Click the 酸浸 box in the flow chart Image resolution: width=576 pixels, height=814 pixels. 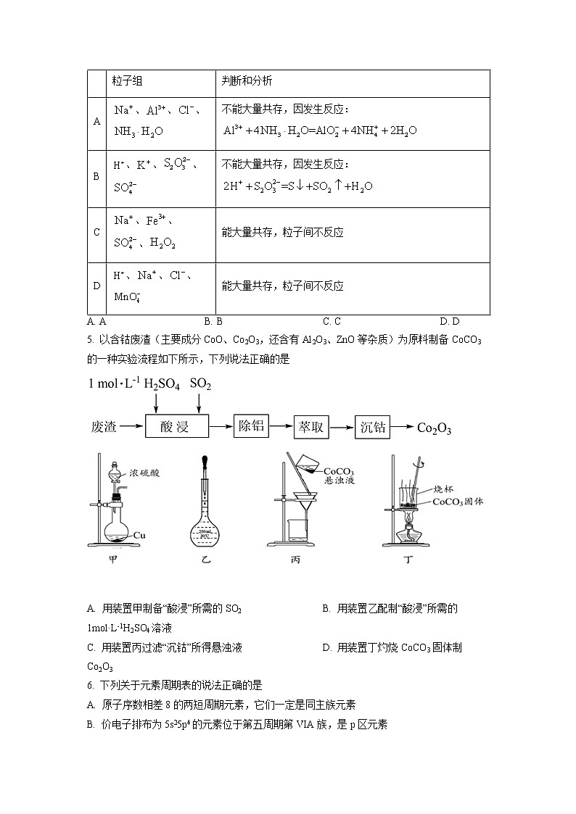click(x=177, y=427)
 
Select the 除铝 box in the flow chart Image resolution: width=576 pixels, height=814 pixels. click(x=251, y=426)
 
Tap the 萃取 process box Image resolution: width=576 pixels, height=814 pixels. click(x=312, y=426)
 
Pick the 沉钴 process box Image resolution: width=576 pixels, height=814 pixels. click(x=373, y=426)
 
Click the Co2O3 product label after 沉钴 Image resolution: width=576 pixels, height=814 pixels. click(x=434, y=428)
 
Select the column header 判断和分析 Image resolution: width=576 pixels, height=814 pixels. click(x=247, y=81)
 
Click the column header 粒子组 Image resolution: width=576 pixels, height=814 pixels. click(x=128, y=81)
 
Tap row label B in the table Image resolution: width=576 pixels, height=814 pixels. click(x=96, y=176)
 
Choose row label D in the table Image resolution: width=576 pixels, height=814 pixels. click(x=96, y=286)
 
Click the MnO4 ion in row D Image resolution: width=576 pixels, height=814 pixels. click(x=127, y=296)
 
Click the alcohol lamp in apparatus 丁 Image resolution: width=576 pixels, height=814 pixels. click(x=409, y=531)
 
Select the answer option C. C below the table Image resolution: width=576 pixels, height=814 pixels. click(x=332, y=321)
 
